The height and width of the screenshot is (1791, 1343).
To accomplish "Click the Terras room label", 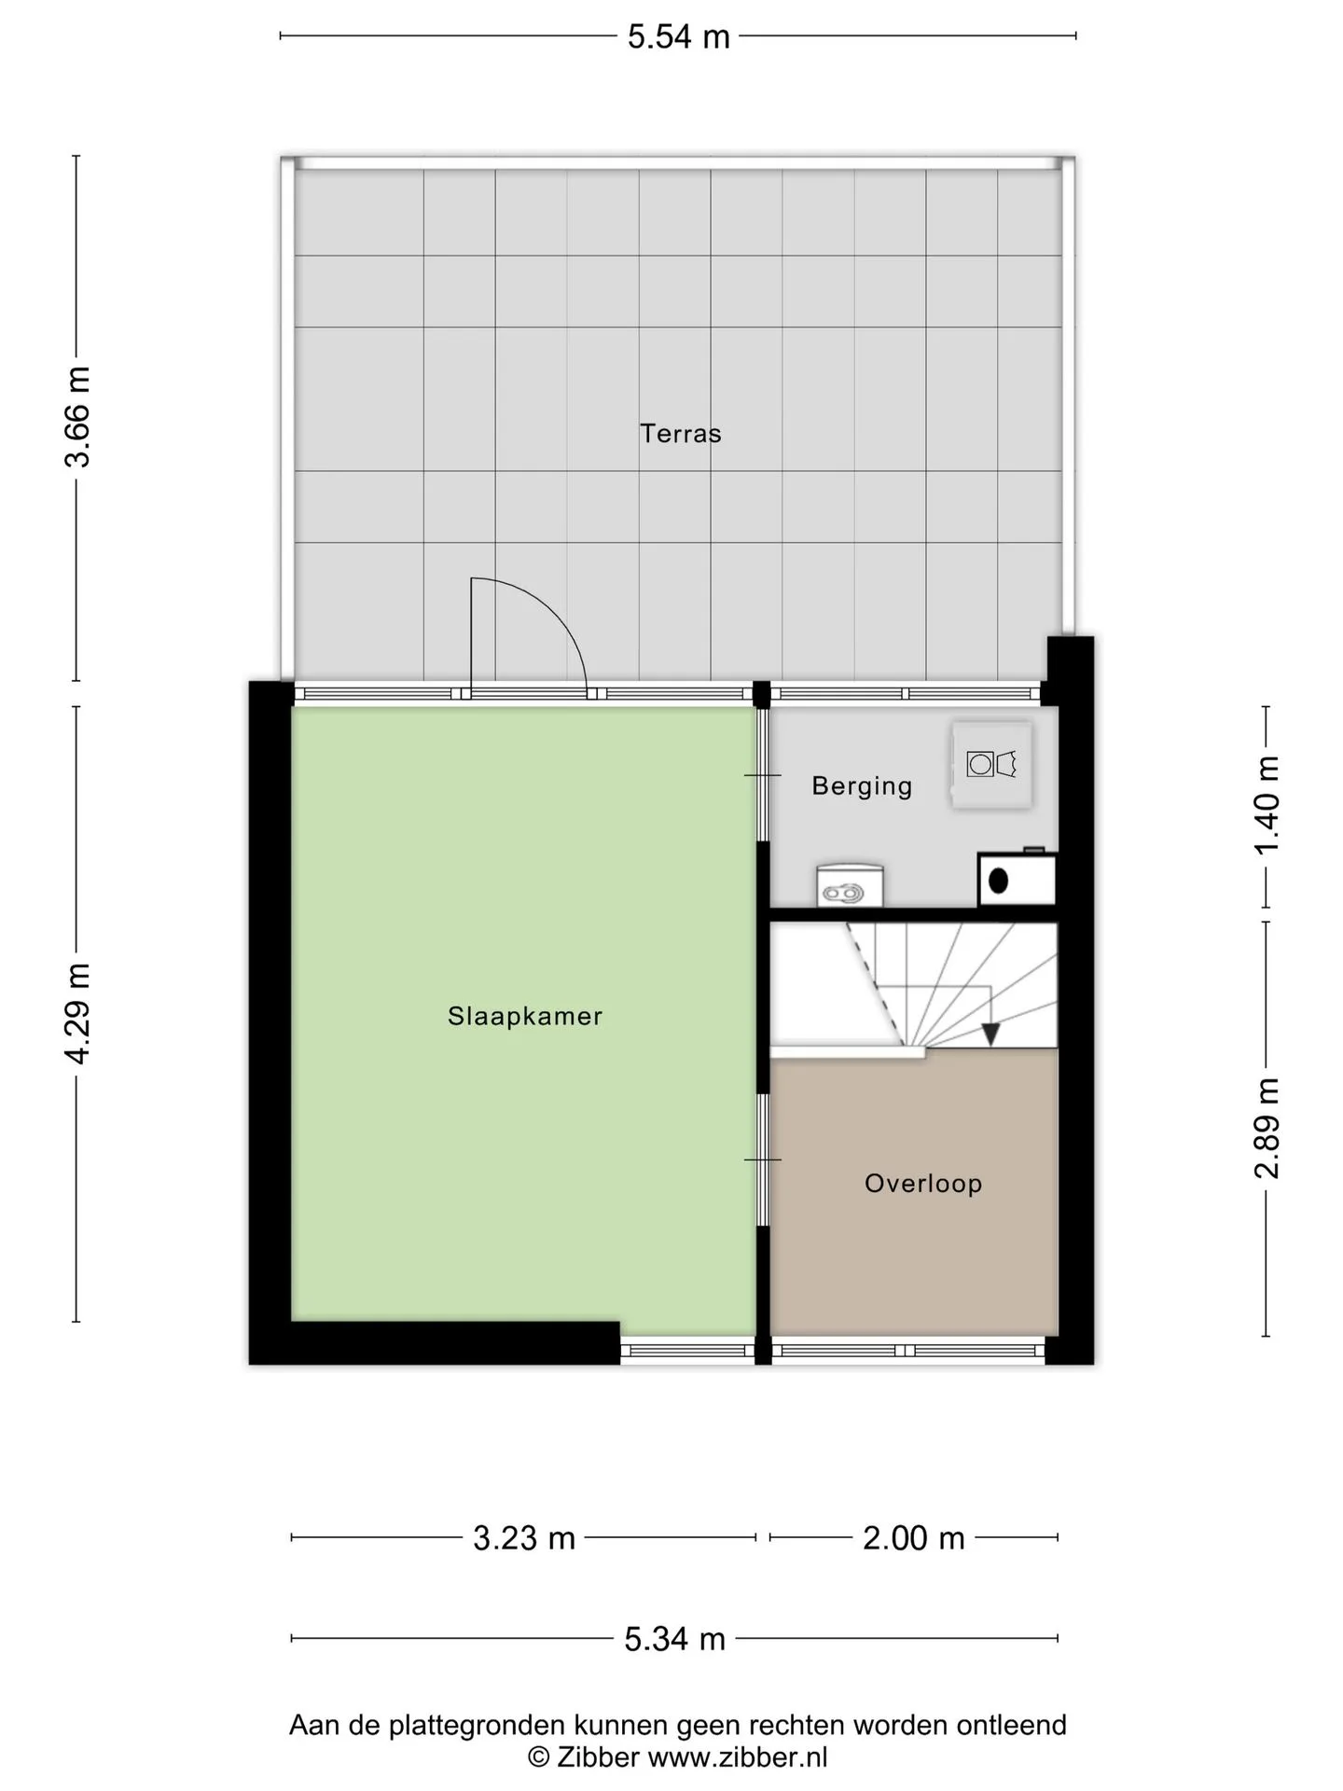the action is (x=680, y=434).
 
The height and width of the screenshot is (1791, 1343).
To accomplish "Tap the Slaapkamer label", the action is (x=525, y=1016).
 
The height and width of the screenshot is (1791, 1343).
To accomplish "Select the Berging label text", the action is (x=862, y=785).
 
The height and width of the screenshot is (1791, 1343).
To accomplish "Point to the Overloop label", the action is (x=923, y=1184).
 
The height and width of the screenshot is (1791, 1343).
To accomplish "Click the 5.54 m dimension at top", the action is (x=678, y=36).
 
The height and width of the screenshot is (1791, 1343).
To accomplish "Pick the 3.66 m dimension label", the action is (x=77, y=417).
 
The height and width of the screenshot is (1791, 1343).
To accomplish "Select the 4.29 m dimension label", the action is (x=77, y=1014).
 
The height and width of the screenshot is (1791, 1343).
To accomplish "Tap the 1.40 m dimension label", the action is (x=1266, y=805).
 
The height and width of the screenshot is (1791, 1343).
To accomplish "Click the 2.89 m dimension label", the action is (x=1266, y=1128).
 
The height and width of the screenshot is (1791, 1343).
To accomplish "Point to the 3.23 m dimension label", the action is (x=524, y=1538).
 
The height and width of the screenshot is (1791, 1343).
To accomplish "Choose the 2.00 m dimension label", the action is (x=913, y=1538).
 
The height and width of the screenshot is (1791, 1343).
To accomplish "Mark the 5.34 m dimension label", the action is (x=674, y=1639).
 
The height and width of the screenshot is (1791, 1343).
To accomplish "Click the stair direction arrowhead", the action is (x=990, y=1034).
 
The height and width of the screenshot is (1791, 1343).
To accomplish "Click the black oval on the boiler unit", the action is (x=998, y=881).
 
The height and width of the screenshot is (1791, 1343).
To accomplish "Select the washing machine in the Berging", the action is (x=991, y=765).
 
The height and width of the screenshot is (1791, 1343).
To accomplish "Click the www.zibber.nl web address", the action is (x=738, y=1757).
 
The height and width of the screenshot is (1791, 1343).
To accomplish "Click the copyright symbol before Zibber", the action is (x=538, y=1757).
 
